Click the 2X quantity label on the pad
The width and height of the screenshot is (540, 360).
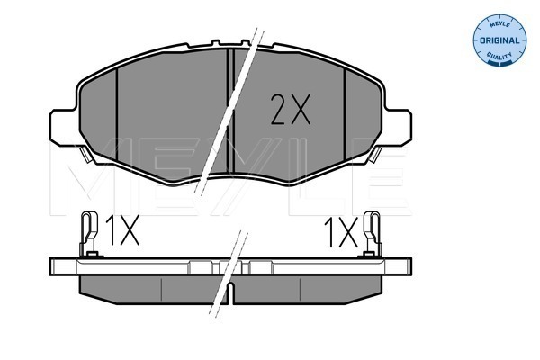pyautogui.click(x=291, y=109)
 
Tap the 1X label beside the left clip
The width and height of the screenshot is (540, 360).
pyautogui.click(x=122, y=230)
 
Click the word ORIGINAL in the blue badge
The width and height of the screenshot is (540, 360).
pyautogui.click(x=499, y=40)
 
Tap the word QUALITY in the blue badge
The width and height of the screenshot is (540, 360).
pyautogui.click(x=500, y=56)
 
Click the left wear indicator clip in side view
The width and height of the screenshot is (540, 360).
pyautogui.click(x=89, y=234)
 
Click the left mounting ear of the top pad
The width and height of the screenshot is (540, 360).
pyautogui.click(x=63, y=127)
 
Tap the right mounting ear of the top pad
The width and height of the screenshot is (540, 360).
pyautogui.click(x=398, y=127)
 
